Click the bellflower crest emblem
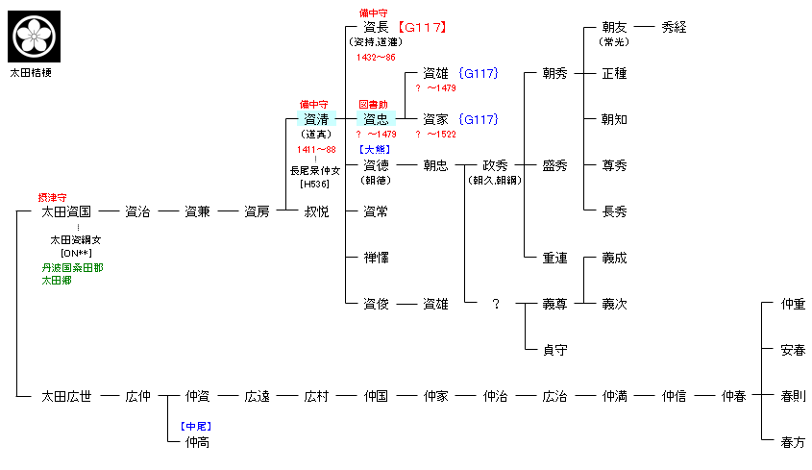coord(35,36)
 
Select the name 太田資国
coord(66,211)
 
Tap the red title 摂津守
coord(52,196)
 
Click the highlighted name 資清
coord(316,119)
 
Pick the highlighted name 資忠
coord(376,119)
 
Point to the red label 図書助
coord(374,104)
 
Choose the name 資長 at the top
coord(376,27)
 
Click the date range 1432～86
coord(375,58)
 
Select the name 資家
coord(435,119)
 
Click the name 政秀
coord(495,165)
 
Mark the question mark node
coord(496,304)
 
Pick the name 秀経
coord(674,27)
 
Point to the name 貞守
coord(554,350)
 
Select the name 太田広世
coord(66,395)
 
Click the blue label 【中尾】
coord(196,426)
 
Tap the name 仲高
coord(197,441)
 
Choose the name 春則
coord(793,395)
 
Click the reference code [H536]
coord(316,184)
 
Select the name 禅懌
coord(376,258)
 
